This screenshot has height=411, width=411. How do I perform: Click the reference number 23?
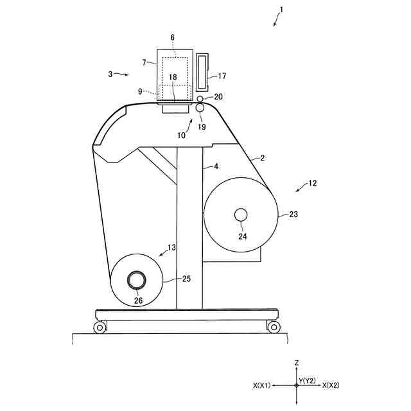(x=294, y=215)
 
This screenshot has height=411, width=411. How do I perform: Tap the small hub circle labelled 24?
(x=241, y=214)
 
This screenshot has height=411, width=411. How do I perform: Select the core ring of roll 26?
(x=137, y=280)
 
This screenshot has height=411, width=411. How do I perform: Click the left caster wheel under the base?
(x=100, y=328)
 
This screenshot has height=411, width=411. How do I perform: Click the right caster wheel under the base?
(x=274, y=328)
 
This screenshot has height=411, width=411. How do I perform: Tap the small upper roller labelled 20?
(x=200, y=99)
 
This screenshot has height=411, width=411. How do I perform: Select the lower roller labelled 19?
(x=200, y=108)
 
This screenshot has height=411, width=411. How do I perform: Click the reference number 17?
(x=222, y=76)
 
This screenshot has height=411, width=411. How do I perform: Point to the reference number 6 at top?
(x=172, y=38)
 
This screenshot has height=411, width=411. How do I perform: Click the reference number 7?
(x=144, y=62)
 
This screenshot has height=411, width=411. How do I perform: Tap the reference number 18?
(x=173, y=77)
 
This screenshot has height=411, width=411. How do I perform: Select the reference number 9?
(x=140, y=91)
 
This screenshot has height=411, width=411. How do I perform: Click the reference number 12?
(x=312, y=183)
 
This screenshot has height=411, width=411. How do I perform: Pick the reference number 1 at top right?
(x=281, y=10)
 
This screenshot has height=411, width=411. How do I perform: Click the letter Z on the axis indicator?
(x=297, y=363)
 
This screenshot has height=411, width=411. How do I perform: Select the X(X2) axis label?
(x=331, y=385)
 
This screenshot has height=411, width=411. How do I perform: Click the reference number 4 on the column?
(x=216, y=166)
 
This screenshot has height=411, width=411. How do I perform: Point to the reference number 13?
(x=171, y=247)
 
